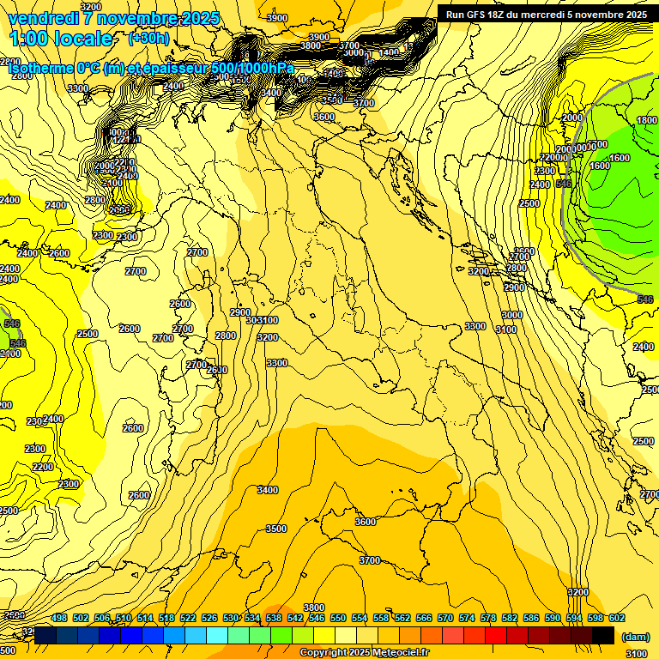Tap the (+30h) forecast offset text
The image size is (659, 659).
point(149,39)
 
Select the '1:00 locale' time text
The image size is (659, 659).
point(60,39)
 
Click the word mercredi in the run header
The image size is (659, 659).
point(558,15)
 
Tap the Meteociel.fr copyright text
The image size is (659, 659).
point(364,653)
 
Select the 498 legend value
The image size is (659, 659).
point(59,618)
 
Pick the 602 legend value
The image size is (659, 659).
point(616,618)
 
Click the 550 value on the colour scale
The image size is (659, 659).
point(337,618)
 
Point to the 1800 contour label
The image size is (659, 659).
point(647,121)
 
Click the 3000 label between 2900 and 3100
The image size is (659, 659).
point(511,316)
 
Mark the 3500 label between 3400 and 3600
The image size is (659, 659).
point(276,529)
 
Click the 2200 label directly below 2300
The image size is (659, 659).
point(43,468)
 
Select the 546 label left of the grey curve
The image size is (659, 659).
point(564,184)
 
